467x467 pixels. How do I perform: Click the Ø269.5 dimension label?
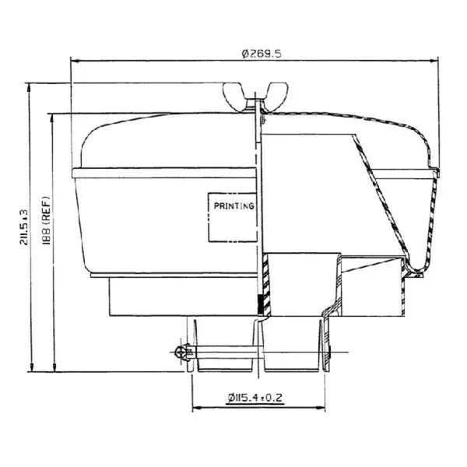tap(262, 54)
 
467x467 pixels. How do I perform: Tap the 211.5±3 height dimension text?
tap(24, 227)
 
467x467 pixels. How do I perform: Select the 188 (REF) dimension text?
tap(46, 221)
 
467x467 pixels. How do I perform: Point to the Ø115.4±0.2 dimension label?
tap(255, 398)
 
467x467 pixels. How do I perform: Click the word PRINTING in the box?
tap(234, 205)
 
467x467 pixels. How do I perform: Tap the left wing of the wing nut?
tap(233, 94)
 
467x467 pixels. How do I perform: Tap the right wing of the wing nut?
tap(277, 94)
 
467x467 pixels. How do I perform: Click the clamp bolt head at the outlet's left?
tap(182, 353)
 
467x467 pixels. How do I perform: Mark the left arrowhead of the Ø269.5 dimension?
tap(75, 61)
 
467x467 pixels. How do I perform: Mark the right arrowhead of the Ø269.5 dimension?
tap(434, 61)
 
